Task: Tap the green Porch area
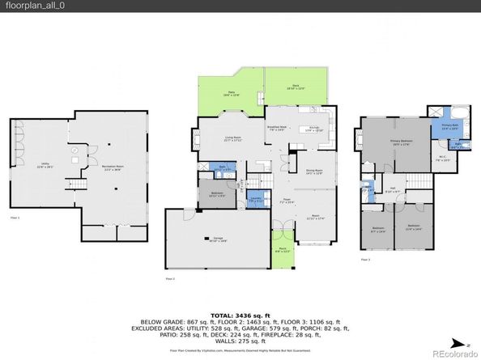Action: pos(283,250)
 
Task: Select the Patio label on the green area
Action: pos(231,94)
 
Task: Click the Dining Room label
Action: pos(314,172)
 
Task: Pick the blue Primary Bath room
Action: pos(449,126)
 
